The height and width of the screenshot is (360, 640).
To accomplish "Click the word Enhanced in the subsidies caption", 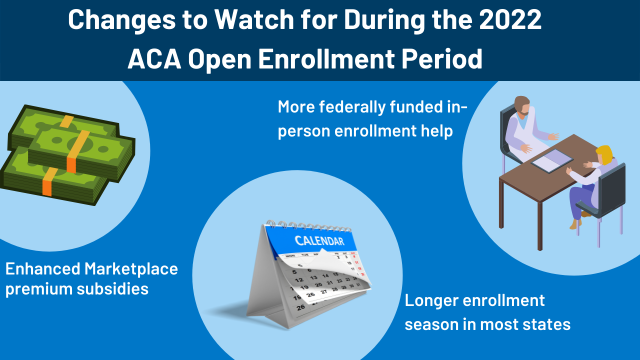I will tap(42, 268).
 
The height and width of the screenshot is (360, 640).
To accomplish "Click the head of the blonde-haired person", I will tap(603, 154).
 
